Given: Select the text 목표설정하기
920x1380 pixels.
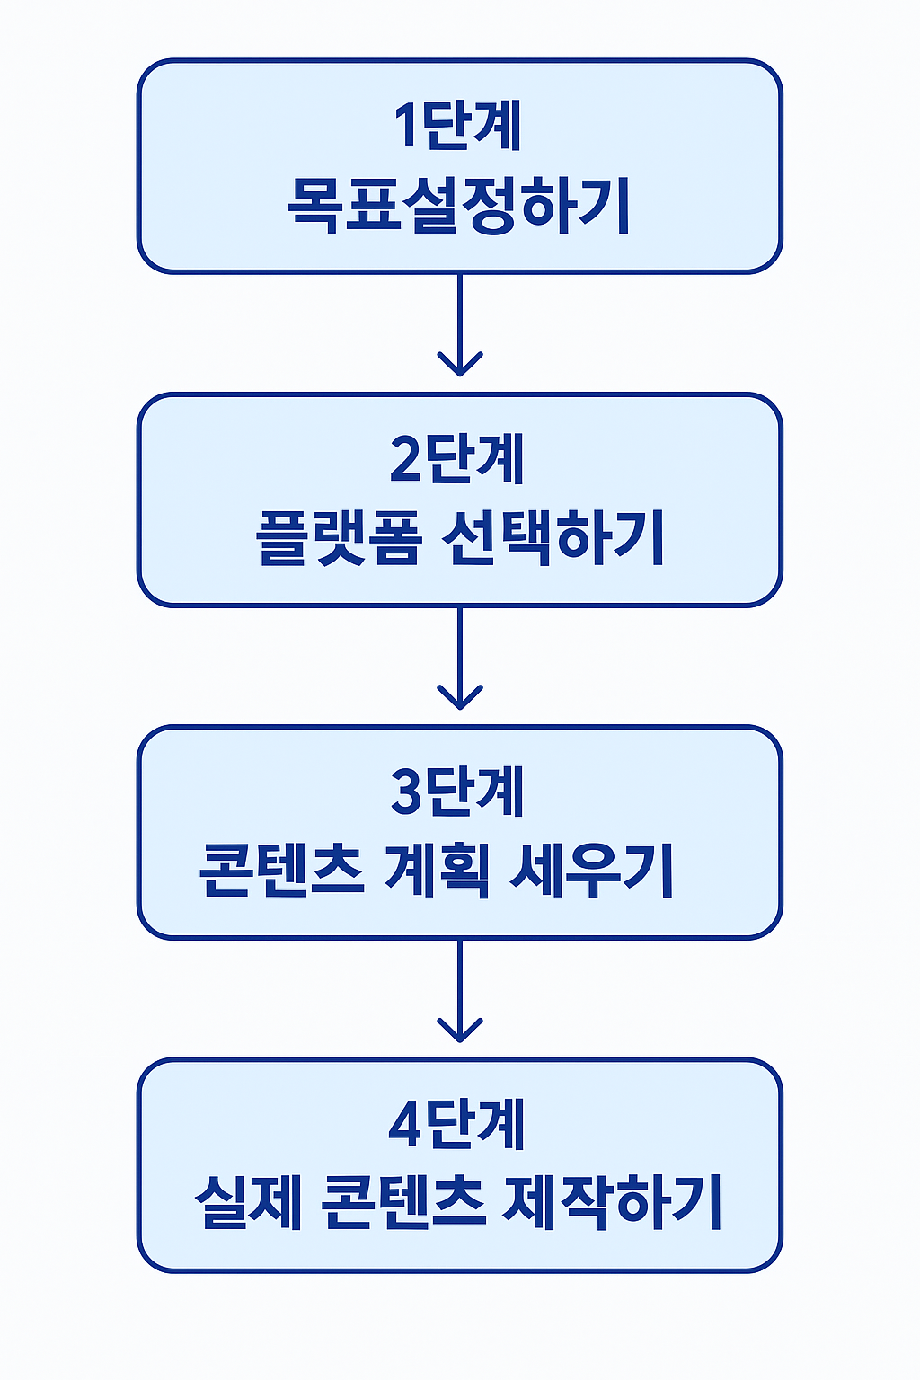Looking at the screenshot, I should pyautogui.click(x=458, y=206).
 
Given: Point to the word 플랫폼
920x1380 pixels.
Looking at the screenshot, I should pyautogui.click(x=338, y=538).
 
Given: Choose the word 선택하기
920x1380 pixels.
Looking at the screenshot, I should pyautogui.click(x=553, y=538).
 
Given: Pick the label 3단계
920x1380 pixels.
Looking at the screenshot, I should pyautogui.click(x=458, y=792).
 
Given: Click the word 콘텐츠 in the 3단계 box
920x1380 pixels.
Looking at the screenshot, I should pyautogui.click(x=280, y=871).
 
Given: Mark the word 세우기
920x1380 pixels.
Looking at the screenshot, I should pyautogui.click(x=591, y=871).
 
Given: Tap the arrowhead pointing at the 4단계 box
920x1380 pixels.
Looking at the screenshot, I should pyautogui.click(x=460, y=1030).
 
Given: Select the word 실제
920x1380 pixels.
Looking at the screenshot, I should pyautogui.click(x=248, y=1203).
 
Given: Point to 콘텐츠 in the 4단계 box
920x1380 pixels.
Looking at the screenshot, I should pyautogui.click(x=402, y=1203).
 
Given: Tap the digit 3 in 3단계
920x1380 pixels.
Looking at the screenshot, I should pyautogui.click(x=405, y=792).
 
